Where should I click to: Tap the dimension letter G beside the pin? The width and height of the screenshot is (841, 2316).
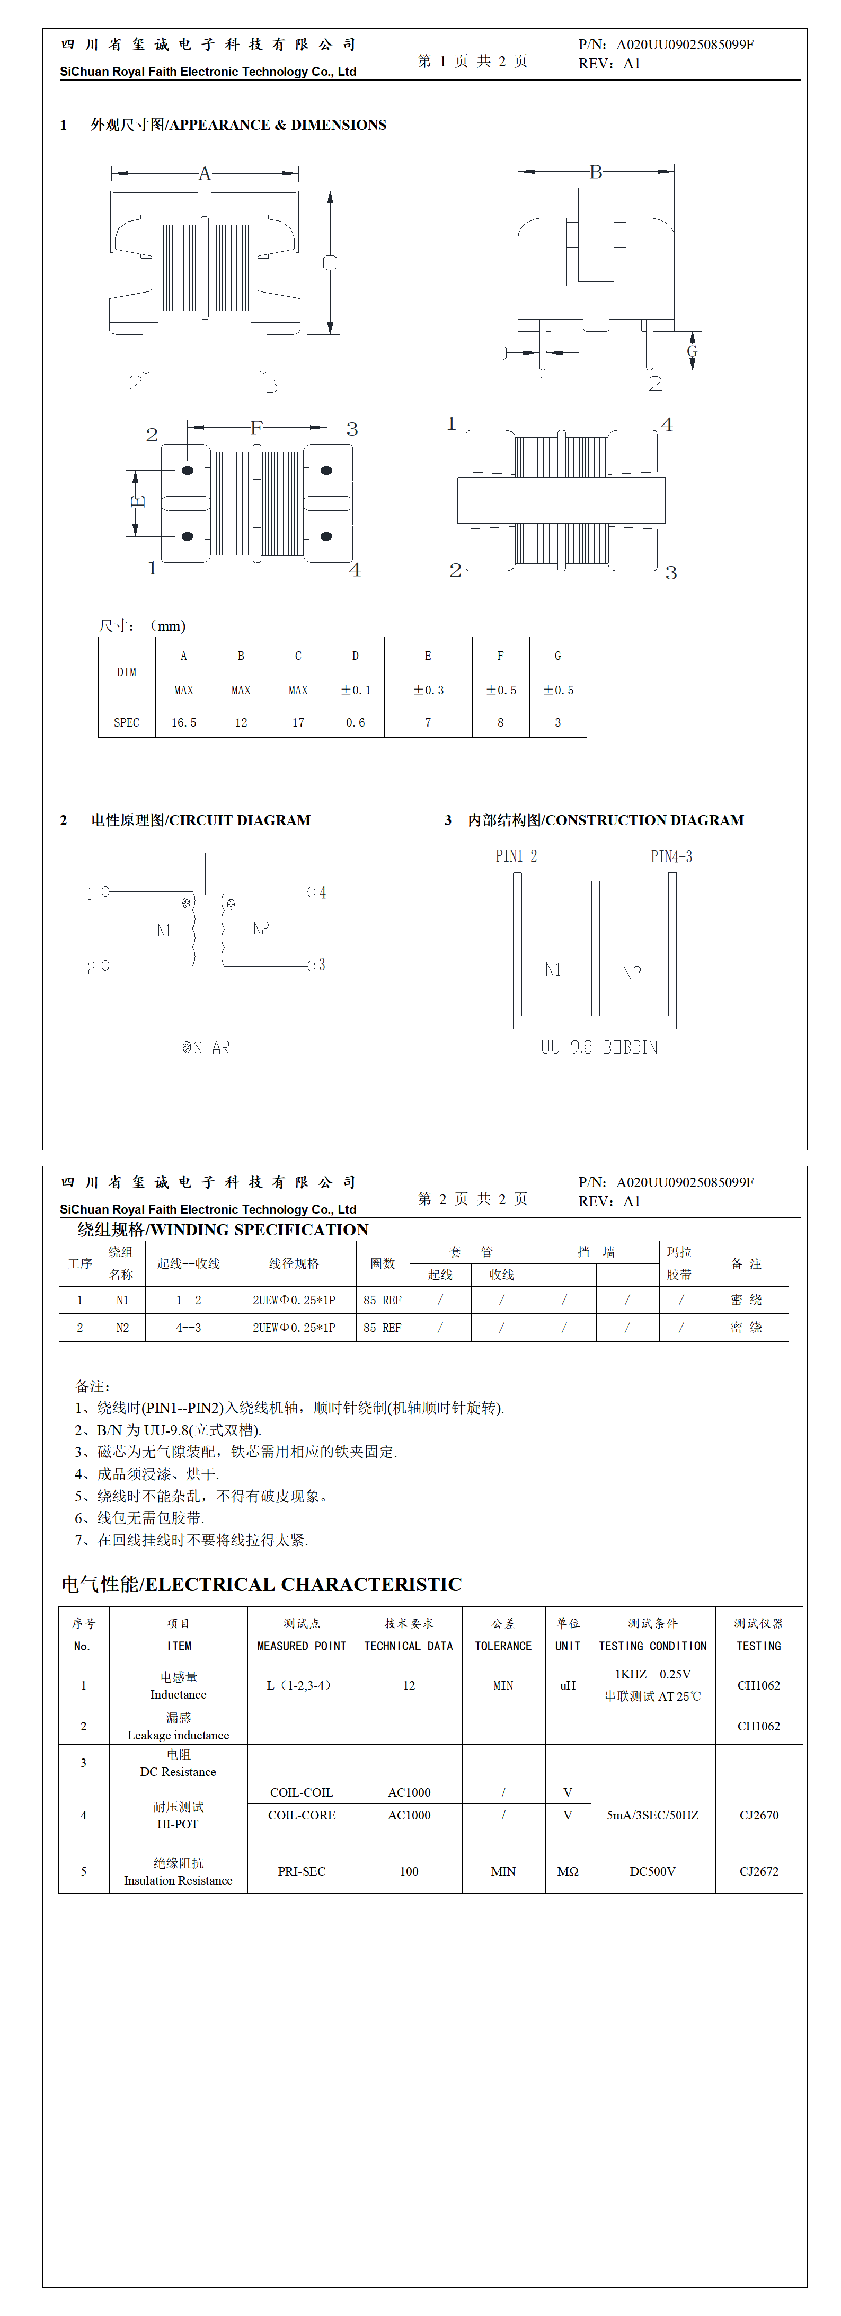tap(692, 351)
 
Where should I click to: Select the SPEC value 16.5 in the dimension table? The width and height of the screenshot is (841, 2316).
tap(183, 722)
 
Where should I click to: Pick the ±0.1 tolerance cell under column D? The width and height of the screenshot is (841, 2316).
tap(355, 690)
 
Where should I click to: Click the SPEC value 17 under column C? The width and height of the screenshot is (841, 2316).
tap(298, 722)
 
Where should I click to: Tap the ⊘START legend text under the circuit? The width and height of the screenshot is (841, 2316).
tap(210, 1047)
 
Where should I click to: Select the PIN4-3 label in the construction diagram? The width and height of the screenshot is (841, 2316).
tap(671, 856)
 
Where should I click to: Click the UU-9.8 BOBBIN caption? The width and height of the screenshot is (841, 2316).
tap(599, 1047)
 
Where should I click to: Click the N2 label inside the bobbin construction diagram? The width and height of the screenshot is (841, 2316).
tap(632, 973)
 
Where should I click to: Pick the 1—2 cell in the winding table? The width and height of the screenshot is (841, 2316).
tap(189, 1300)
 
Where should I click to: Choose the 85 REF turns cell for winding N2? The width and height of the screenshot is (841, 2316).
tap(382, 1327)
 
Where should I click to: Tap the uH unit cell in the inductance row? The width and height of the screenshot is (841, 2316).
tap(568, 1685)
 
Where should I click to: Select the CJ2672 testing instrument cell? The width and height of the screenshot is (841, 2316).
tap(759, 1871)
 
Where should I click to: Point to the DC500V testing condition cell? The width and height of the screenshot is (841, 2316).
tap(652, 1871)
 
